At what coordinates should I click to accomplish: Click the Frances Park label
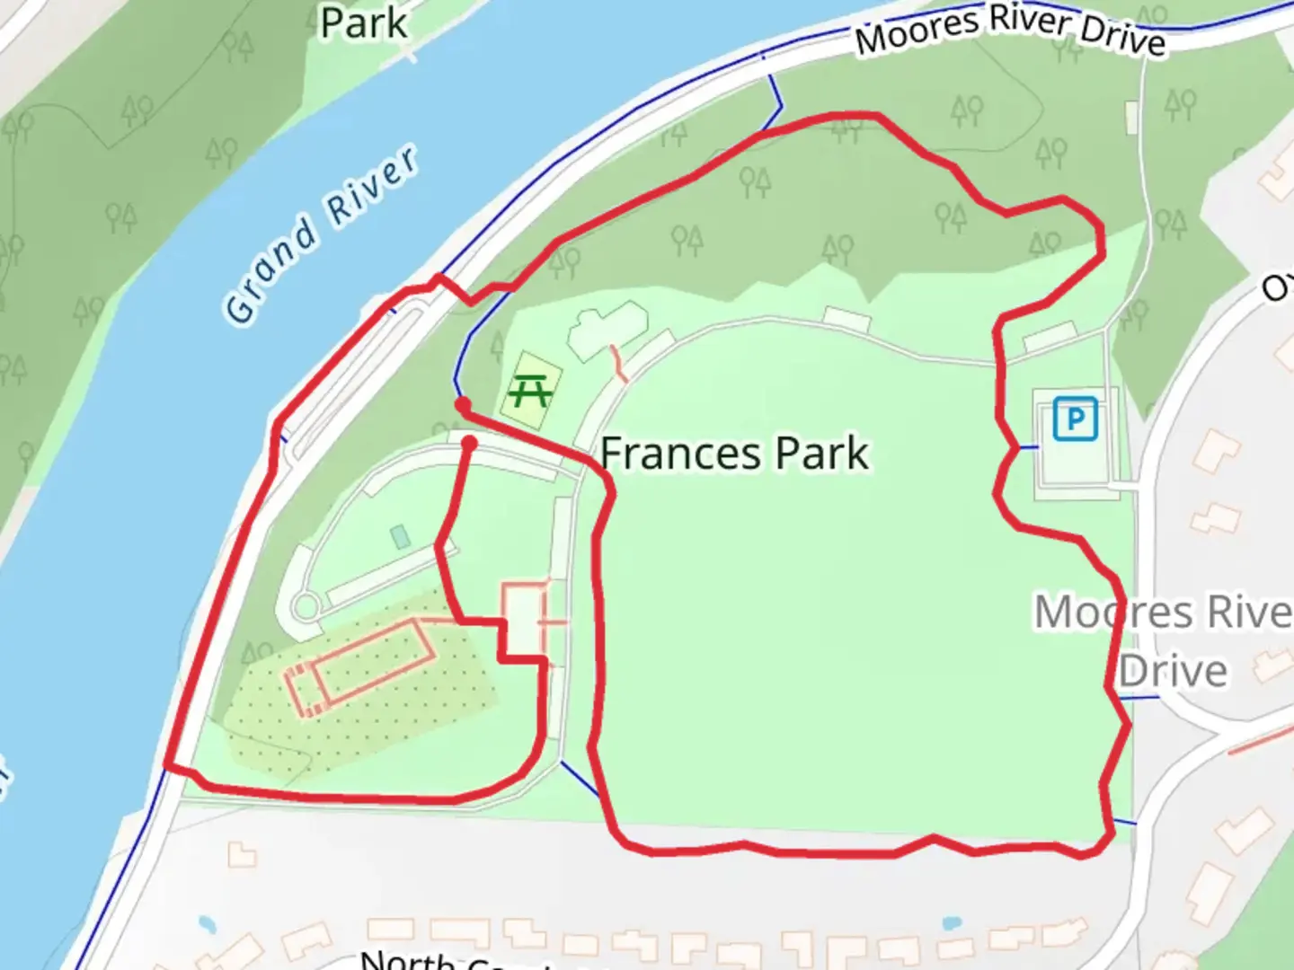(734, 454)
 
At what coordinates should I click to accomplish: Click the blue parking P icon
(1075, 419)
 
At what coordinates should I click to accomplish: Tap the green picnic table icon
(530, 392)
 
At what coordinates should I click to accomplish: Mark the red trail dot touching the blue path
(463, 405)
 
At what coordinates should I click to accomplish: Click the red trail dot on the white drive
(469, 443)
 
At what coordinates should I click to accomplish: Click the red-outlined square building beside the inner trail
(525, 618)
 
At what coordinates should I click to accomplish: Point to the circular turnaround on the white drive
(306, 607)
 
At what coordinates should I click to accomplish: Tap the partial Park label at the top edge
(364, 22)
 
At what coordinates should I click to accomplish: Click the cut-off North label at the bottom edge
(406, 959)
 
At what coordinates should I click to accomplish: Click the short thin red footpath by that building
(618, 363)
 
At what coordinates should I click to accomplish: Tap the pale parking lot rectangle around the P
(1075, 443)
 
